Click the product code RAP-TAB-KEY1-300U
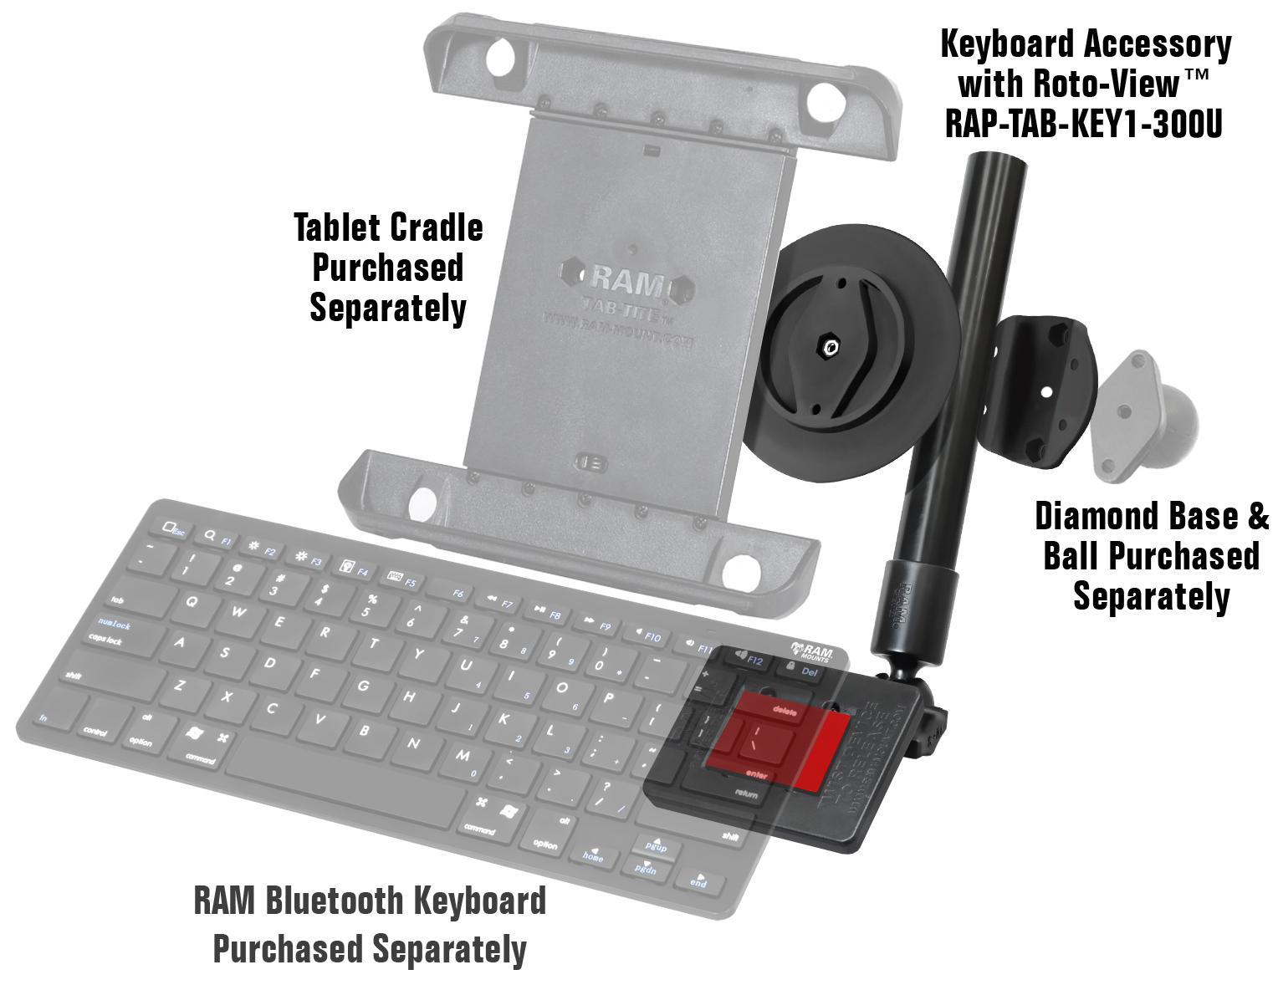1084,124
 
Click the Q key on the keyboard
192,601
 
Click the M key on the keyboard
463,755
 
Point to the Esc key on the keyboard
174,529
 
